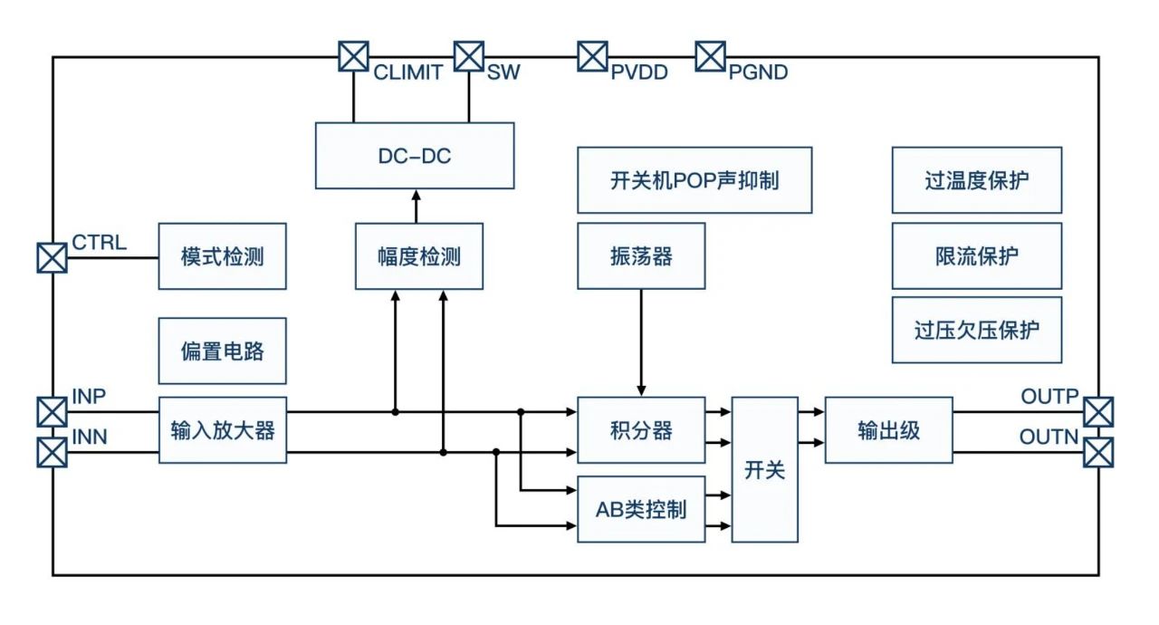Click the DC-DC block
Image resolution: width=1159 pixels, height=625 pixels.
click(x=415, y=156)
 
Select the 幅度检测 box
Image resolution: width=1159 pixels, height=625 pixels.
click(x=418, y=256)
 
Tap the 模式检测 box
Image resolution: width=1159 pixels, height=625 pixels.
click(x=222, y=256)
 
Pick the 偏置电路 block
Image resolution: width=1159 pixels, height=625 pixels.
click(x=222, y=351)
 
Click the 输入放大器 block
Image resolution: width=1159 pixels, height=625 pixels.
click(x=222, y=429)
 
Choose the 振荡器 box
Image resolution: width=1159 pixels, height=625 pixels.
click(x=641, y=256)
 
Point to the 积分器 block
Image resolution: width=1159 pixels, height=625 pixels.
click(x=641, y=429)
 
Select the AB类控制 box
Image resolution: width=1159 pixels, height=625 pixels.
click(x=641, y=509)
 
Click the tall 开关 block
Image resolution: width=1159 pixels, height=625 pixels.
click(x=765, y=469)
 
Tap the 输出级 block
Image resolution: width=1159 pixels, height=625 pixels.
click(x=888, y=429)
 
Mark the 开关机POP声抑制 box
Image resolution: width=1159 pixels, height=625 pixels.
click(x=694, y=180)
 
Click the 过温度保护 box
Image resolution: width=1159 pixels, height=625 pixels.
click(x=976, y=180)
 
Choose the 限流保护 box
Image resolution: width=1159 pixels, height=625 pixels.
click(x=976, y=256)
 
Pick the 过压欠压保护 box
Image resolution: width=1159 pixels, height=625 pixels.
click(x=976, y=330)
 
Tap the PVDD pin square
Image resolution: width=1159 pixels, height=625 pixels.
click(x=593, y=56)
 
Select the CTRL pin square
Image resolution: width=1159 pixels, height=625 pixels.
click(x=52, y=257)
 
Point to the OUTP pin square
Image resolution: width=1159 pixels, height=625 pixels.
click(x=1098, y=411)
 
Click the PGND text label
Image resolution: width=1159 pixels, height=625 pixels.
click(x=758, y=72)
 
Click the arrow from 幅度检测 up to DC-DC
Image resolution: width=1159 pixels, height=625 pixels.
click(x=417, y=206)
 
